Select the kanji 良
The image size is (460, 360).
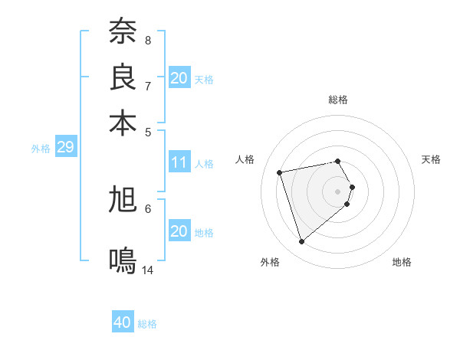pyautogui.click(x=123, y=77)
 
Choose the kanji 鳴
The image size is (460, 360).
pyautogui.click(x=123, y=261)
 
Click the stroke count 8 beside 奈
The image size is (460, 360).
pyautogui.click(x=148, y=39)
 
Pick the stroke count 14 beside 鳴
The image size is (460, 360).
pyautogui.click(x=148, y=270)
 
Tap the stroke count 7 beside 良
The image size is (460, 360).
pyautogui.click(x=148, y=85)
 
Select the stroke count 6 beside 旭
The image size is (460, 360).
pyautogui.click(x=148, y=208)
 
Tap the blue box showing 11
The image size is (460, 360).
pyautogui.click(x=179, y=162)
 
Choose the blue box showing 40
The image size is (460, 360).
pyautogui.click(x=123, y=322)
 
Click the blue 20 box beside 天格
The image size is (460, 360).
pyautogui.click(x=179, y=78)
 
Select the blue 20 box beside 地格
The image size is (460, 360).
pyautogui.click(x=179, y=231)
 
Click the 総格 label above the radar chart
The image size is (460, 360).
pyautogui.click(x=338, y=100)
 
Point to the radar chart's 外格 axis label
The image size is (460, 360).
pyautogui.click(x=270, y=262)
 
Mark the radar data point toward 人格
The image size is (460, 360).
pyautogui.click(x=280, y=172)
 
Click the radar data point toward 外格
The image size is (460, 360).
pyautogui.click(x=301, y=242)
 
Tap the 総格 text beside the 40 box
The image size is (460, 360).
pyautogui.click(x=147, y=324)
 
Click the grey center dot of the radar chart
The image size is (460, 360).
pyautogui.click(x=338, y=191)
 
